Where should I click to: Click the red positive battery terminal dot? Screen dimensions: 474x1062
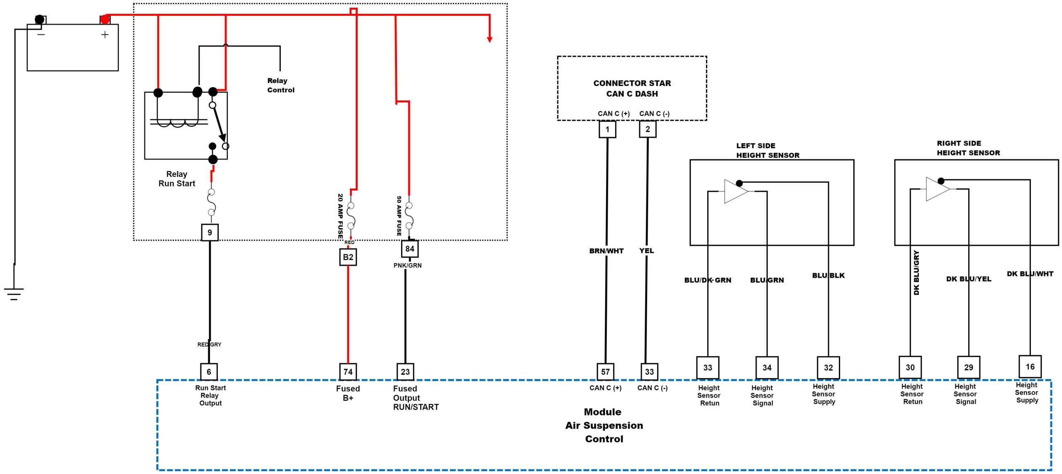click(x=105, y=20)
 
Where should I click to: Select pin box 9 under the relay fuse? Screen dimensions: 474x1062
click(x=209, y=232)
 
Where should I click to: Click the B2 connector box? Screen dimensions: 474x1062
click(x=348, y=257)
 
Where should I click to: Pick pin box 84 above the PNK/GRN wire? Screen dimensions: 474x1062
click(x=409, y=249)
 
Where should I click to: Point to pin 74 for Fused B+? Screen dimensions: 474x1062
click(x=348, y=371)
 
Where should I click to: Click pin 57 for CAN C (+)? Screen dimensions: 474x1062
click(x=605, y=371)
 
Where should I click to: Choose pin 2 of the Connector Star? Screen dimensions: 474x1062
click(x=648, y=129)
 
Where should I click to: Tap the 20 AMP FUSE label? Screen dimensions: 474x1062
click(x=340, y=216)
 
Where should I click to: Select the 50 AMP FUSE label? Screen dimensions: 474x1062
click(x=399, y=216)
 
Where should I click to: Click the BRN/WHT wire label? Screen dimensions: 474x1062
click(x=606, y=251)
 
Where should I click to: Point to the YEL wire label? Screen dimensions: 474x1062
click(x=646, y=251)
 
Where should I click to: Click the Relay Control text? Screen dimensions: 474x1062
click(x=280, y=85)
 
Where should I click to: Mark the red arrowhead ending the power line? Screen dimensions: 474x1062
click(x=490, y=39)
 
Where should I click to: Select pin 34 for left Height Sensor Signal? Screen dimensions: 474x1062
click(x=767, y=367)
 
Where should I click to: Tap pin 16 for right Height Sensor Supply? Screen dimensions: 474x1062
click(x=1030, y=366)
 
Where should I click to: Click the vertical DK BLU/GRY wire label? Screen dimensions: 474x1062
click(x=916, y=273)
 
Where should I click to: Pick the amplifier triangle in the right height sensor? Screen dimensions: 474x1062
click(x=937, y=189)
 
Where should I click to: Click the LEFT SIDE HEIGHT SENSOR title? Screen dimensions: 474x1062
click(x=767, y=150)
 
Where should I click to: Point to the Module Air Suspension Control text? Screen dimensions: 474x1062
click(x=604, y=425)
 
